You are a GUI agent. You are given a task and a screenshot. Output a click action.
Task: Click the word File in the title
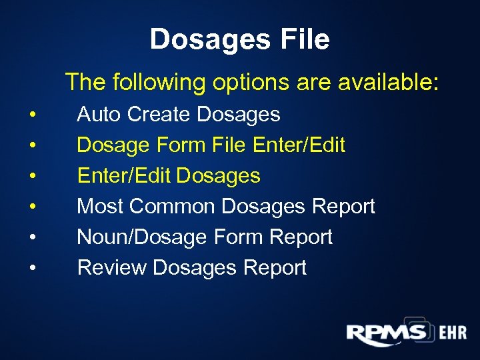pyautogui.click(x=303, y=39)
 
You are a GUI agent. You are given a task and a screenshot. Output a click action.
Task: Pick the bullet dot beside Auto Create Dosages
pyautogui.click(x=32, y=115)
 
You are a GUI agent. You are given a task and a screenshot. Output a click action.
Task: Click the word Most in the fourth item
pyautogui.click(x=101, y=207)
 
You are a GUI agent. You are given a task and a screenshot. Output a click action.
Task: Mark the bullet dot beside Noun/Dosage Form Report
pyautogui.click(x=32, y=238)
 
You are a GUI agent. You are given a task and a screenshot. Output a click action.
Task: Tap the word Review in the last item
pyautogui.click(x=112, y=268)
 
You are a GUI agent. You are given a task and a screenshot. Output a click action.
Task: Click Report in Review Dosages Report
pyautogui.click(x=275, y=268)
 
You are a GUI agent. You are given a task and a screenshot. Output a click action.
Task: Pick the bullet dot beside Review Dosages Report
pyautogui.click(x=32, y=269)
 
